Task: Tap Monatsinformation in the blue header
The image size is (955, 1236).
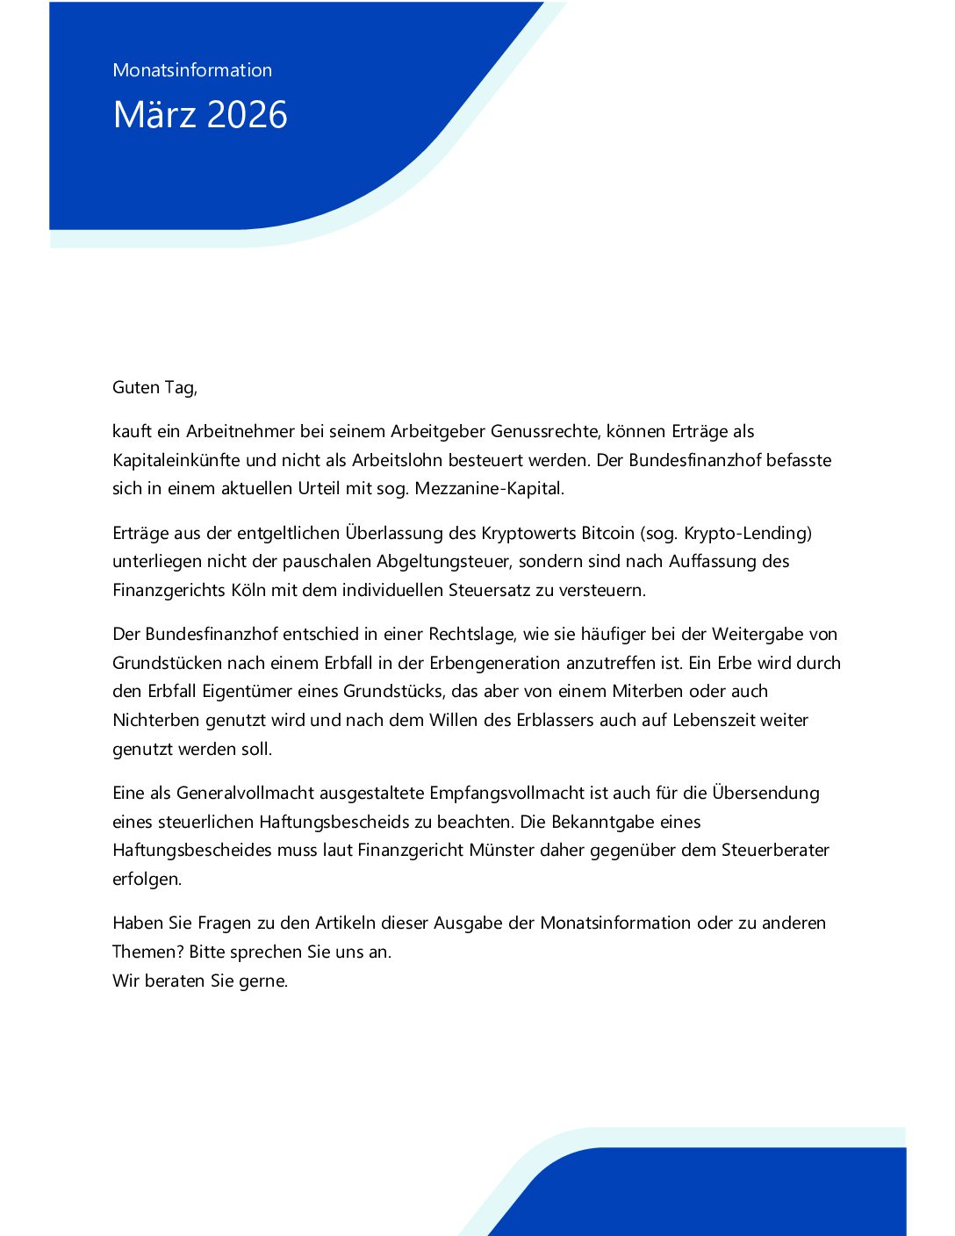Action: click(x=192, y=70)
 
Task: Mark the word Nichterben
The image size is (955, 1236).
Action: click(x=156, y=720)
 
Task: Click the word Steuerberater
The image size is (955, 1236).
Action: click(x=775, y=850)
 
